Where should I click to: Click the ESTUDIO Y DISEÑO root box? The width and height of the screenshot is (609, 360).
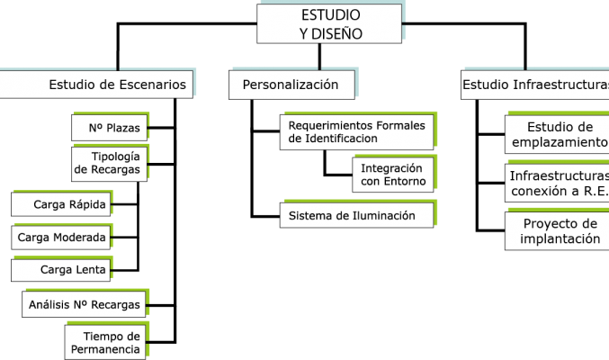pos(329,23)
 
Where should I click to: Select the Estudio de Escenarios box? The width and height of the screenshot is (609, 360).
pos(96,85)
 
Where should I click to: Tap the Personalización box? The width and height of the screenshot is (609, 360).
pos(291,85)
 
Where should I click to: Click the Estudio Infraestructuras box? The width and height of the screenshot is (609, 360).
pos(535,85)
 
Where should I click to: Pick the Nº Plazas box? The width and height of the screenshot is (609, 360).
pos(110,128)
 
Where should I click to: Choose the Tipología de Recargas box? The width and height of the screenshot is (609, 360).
pos(110,164)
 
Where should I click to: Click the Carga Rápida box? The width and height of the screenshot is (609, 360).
pos(60,204)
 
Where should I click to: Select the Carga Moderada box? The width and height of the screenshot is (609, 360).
pos(60,237)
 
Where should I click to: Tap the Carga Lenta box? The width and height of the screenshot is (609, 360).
pos(60,270)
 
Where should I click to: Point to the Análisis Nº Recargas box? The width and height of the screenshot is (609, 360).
pos(84,304)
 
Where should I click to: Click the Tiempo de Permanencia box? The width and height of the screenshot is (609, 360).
pos(105,342)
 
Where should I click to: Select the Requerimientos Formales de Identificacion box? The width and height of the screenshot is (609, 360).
pos(356,132)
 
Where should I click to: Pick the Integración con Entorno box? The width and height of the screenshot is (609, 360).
pos(393,175)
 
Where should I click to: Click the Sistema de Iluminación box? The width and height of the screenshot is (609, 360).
pos(356,215)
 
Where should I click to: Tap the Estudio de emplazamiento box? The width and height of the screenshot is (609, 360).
pos(557,134)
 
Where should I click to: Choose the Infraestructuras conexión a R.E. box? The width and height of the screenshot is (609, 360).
pos(557,183)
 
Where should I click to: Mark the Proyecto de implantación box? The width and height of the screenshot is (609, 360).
pos(557,231)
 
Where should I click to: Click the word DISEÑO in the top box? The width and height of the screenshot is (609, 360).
pos(336,34)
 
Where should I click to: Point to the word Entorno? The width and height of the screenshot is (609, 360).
pos(405,181)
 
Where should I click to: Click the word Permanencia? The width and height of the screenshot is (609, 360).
pos(105,349)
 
